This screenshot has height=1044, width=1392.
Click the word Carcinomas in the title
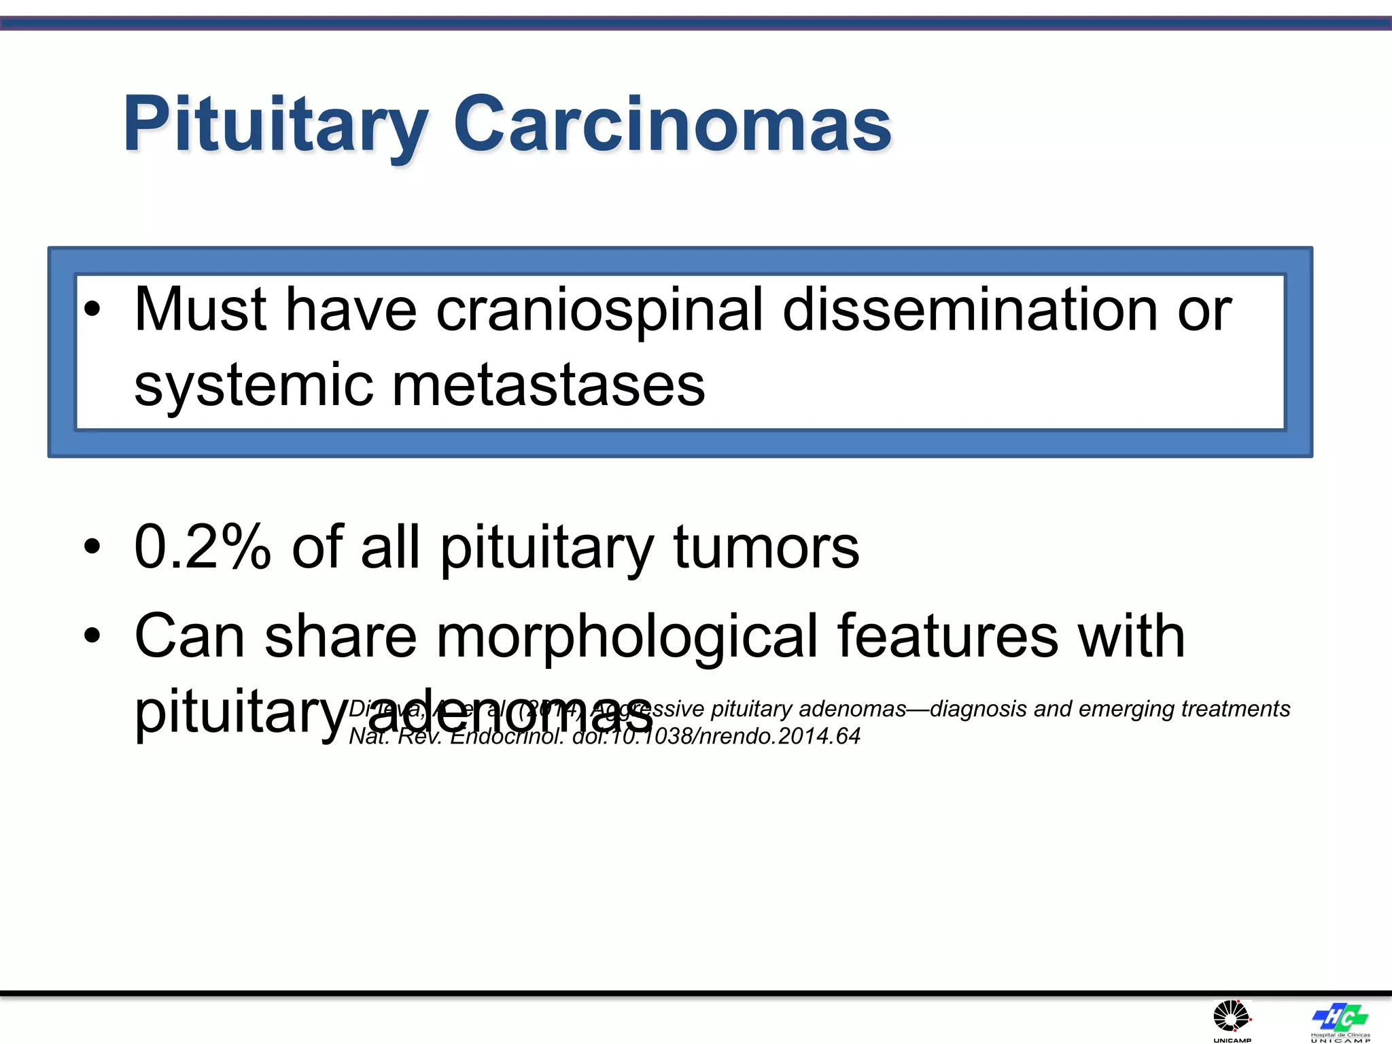tap(672, 124)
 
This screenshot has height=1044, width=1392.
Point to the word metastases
tap(549, 385)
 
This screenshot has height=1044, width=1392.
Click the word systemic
tap(254, 385)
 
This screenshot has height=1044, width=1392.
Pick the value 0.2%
tap(203, 547)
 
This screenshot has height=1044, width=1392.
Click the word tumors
tap(766, 547)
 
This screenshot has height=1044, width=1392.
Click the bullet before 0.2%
tap(92, 547)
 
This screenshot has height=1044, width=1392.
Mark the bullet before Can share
tap(92, 637)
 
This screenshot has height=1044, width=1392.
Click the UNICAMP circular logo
tap(1232, 1017)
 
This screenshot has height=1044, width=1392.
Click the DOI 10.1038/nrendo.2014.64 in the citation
tap(716, 736)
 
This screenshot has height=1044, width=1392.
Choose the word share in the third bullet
tap(340, 637)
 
